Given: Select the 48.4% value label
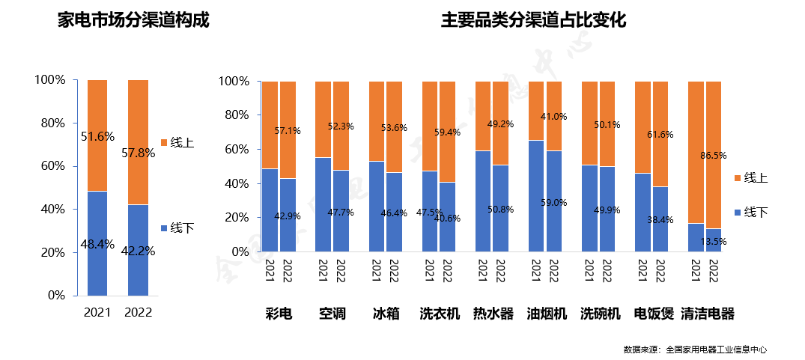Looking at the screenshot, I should (98, 243).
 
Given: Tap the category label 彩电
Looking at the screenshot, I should (279, 314).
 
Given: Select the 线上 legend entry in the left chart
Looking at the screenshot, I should (177, 142).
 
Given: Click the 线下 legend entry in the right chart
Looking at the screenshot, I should (751, 213).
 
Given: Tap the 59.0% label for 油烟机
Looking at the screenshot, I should (554, 202).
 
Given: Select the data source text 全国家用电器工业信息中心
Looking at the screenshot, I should (716, 350).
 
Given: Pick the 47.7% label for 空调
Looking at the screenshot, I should (341, 213).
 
